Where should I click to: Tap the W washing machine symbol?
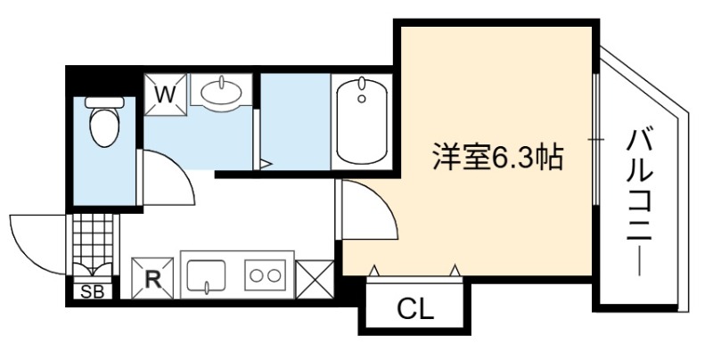pyautogui.click(x=166, y=94)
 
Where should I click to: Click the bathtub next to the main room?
pyautogui.click(x=362, y=121)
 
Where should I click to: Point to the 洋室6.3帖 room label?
pyautogui.click(x=497, y=157)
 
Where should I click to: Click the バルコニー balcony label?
pyautogui.click(x=640, y=202)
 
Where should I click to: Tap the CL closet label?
pyautogui.click(x=415, y=310)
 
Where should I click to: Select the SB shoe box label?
pyautogui.click(x=93, y=292)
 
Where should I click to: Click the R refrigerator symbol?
pyautogui.click(x=152, y=279)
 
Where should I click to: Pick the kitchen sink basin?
pyautogui.click(x=206, y=275)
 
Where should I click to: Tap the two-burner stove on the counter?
pyautogui.click(x=266, y=275)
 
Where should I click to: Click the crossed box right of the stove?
pyautogui.click(x=315, y=279)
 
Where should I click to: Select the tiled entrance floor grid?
pyautogui.click(x=93, y=241)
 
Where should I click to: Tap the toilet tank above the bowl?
pyautogui.click(x=104, y=102)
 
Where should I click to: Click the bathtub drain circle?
pyautogui.click(x=362, y=99)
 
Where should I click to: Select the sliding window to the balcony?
pyautogui.click(x=595, y=139)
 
